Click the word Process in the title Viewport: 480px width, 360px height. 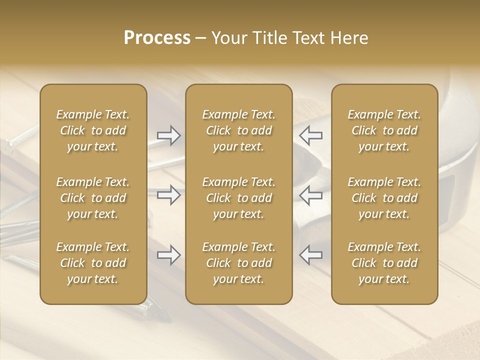(157, 38)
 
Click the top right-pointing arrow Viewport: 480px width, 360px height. (168, 135)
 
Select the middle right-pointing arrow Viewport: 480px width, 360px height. (168, 195)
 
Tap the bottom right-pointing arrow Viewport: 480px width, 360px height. (168, 255)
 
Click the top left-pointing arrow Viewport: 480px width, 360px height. (311, 135)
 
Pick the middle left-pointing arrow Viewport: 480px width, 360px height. (311, 195)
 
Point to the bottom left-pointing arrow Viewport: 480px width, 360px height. (311, 255)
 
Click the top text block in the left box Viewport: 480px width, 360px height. (93, 130)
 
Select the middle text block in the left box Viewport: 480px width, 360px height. (93, 198)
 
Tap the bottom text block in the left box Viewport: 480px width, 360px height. (93, 263)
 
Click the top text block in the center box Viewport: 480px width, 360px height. (238, 130)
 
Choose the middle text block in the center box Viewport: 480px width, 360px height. (238, 198)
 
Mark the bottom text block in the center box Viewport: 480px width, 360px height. (238, 263)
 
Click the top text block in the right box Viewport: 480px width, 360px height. (384, 130)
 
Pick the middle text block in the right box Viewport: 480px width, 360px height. (384, 198)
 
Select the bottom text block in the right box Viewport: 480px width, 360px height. (384, 263)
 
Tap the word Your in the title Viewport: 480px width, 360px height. (228, 38)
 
